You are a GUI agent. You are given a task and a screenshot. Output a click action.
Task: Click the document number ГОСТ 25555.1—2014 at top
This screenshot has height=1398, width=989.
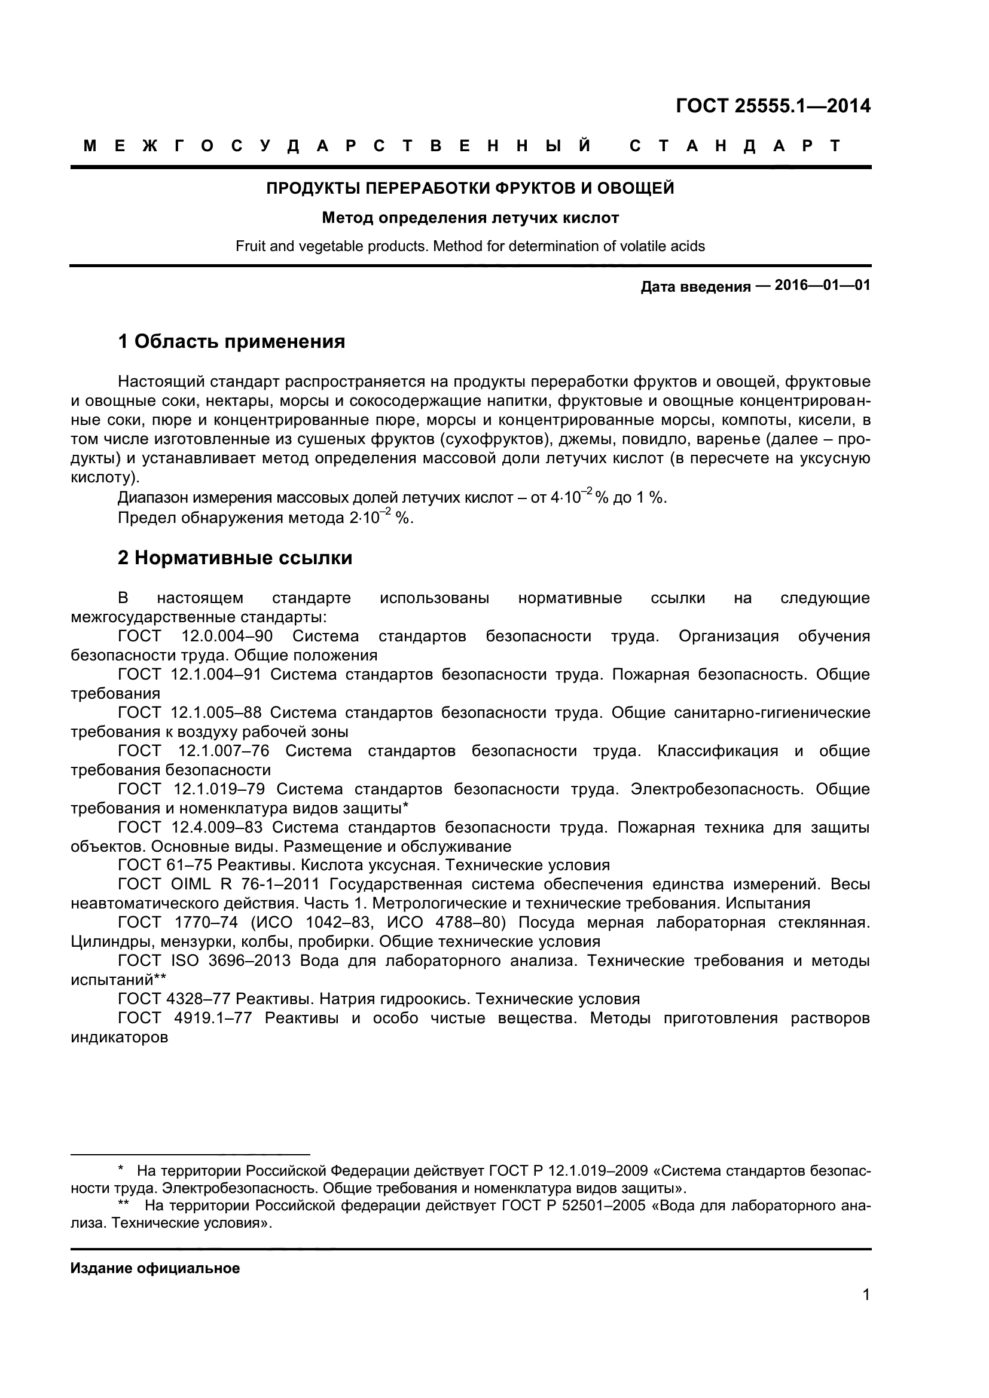coord(773,106)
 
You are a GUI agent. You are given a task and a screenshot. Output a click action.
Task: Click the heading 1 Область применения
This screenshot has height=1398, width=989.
coord(231,342)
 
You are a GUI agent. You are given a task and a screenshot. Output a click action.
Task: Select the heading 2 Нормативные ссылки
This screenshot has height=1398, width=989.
coord(235,558)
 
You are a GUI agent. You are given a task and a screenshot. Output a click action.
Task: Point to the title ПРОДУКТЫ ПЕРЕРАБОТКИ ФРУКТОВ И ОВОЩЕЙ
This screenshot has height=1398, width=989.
coord(470,188)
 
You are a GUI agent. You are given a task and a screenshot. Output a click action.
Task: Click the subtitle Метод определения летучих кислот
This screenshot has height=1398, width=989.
coord(470,218)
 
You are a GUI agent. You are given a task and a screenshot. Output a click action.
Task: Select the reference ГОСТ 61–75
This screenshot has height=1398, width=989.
coord(164,865)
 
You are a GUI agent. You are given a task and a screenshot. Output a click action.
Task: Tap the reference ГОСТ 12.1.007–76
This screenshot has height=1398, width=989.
coord(194,751)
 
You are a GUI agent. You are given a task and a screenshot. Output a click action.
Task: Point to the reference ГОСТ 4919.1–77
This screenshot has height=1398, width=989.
coord(185,1018)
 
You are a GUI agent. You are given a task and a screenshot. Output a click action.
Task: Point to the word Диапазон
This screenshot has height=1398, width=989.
coord(153,498)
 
